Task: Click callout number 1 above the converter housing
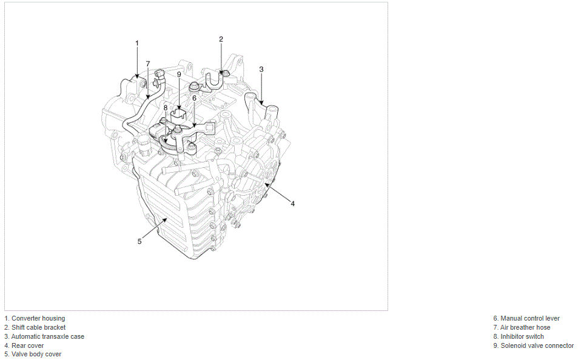137,43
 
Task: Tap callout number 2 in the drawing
221,39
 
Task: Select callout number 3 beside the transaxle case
261,69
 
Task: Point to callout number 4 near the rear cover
293,204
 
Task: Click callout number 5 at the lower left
139,241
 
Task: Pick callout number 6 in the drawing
194,98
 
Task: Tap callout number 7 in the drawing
148,64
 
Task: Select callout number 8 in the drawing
166,108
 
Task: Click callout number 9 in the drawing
179,74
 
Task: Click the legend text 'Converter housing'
38,318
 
